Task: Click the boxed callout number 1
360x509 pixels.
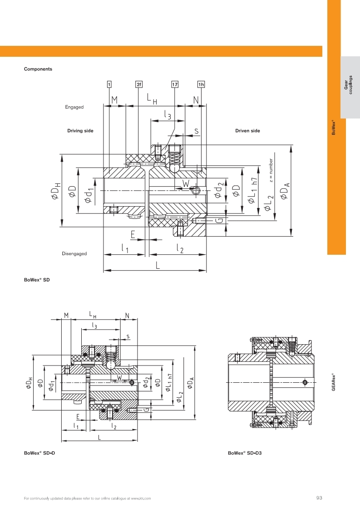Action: [x=109, y=84]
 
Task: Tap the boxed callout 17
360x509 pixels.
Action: [x=175, y=84]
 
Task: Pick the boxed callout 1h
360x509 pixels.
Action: [x=201, y=84]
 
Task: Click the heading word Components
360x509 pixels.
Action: [x=38, y=69]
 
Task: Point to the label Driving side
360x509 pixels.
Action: [x=80, y=131]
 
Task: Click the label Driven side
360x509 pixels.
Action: [x=247, y=131]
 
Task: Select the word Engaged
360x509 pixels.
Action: [x=74, y=107]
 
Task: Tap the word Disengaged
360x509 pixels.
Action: [x=74, y=253]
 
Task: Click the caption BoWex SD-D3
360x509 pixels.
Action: [x=246, y=453]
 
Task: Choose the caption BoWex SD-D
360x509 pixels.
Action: [x=39, y=453]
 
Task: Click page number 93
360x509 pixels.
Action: [x=319, y=499]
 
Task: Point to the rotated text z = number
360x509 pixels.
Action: [x=271, y=170]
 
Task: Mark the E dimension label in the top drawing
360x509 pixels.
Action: [x=133, y=235]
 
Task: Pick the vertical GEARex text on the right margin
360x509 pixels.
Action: [x=334, y=381]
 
